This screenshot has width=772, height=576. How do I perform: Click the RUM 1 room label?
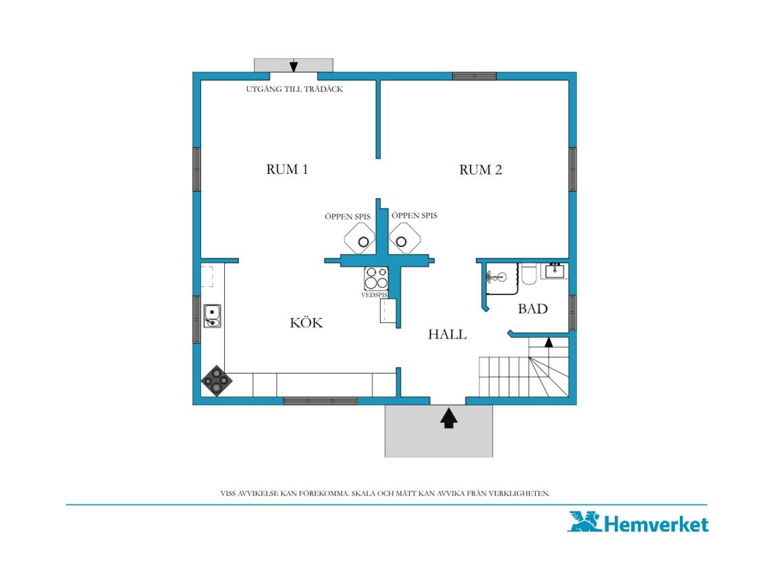(x=287, y=169)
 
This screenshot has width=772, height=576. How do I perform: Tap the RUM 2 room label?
(x=481, y=170)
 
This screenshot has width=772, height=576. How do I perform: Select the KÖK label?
(x=306, y=322)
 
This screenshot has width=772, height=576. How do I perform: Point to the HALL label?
(x=447, y=334)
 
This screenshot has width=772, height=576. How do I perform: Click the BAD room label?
(x=533, y=309)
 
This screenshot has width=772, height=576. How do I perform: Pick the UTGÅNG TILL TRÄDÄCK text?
(x=295, y=89)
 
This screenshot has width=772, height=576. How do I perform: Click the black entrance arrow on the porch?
(x=448, y=418)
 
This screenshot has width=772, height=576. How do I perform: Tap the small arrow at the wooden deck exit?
(x=293, y=66)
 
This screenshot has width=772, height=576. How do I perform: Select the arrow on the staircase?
(x=549, y=342)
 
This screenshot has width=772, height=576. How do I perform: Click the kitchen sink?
(x=212, y=316)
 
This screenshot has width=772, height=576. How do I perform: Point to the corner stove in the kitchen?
(x=217, y=380)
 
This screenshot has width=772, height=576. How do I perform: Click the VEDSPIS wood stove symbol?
(x=376, y=279)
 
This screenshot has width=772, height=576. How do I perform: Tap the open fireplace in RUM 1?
(x=360, y=238)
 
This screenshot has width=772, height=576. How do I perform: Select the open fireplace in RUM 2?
(x=405, y=238)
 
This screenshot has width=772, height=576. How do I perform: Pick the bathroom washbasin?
(x=555, y=271)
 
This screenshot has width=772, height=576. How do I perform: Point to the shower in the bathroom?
(x=502, y=278)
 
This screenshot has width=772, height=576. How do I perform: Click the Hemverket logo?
(x=639, y=523)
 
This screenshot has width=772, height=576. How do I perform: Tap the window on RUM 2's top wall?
(x=475, y=76)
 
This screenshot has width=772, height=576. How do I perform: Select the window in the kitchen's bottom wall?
(x=320, y=401)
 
